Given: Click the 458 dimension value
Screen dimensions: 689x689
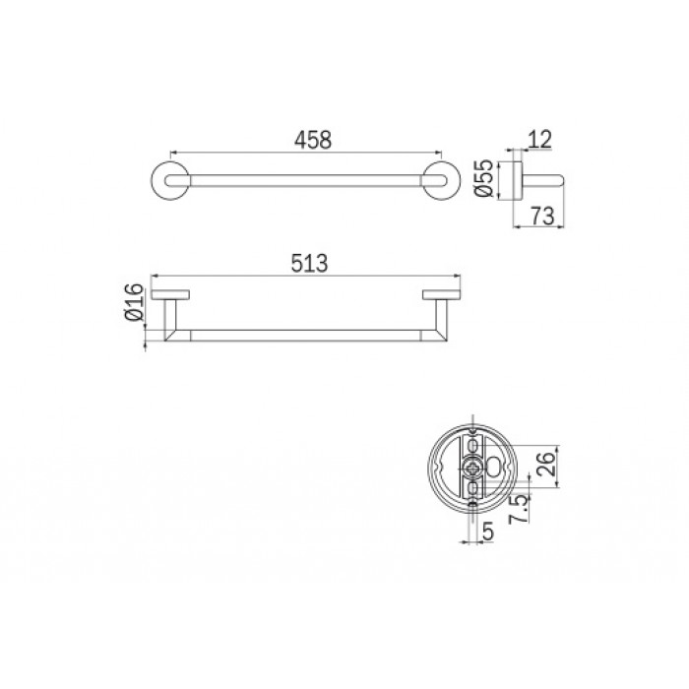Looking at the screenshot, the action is click(x=313, y=140).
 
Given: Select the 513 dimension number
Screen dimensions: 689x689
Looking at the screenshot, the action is click(x=309, y=263).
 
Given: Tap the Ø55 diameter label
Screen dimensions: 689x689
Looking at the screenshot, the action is click(x=484, y=178).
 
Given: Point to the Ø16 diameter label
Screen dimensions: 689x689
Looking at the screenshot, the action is click(x=135, y=302).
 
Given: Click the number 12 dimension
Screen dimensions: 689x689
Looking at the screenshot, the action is click(x=539, y=140).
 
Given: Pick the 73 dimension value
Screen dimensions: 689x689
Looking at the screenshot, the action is click(x=542, y=216).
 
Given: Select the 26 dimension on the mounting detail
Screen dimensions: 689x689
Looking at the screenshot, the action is click(x=546, y=464).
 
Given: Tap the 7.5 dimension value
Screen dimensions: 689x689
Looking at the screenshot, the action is click(x=519, y=509).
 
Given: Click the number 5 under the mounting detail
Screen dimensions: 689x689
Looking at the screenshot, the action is click(x=488, y=532).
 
